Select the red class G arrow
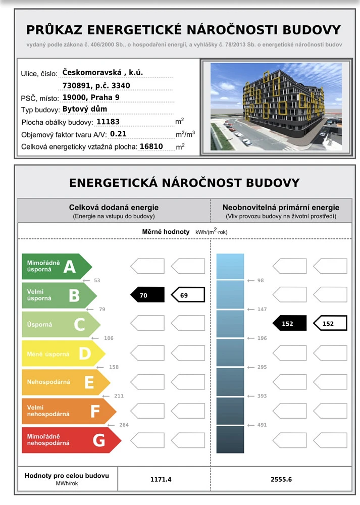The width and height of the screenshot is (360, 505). pos(71,440)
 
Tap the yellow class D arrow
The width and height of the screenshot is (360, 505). pos(63,353)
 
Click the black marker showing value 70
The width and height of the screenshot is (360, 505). pos(147,295)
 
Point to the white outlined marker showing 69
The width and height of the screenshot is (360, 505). pos(187,295)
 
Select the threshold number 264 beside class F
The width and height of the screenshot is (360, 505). pos(124,425)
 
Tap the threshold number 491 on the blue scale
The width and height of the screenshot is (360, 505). pos(262,425)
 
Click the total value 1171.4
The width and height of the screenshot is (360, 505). pos(161,479)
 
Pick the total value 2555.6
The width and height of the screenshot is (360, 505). pos(281,479)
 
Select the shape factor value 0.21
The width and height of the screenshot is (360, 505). pos(118,134)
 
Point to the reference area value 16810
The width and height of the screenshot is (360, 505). pos(151,146)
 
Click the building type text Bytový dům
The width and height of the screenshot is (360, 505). pos(85,109)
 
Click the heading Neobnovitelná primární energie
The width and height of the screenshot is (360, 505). pos(281,208)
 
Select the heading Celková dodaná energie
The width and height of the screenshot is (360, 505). pos(114,208)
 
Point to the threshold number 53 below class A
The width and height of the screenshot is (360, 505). pos(97,280)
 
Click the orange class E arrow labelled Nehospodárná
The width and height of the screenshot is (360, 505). pos(66,382)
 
